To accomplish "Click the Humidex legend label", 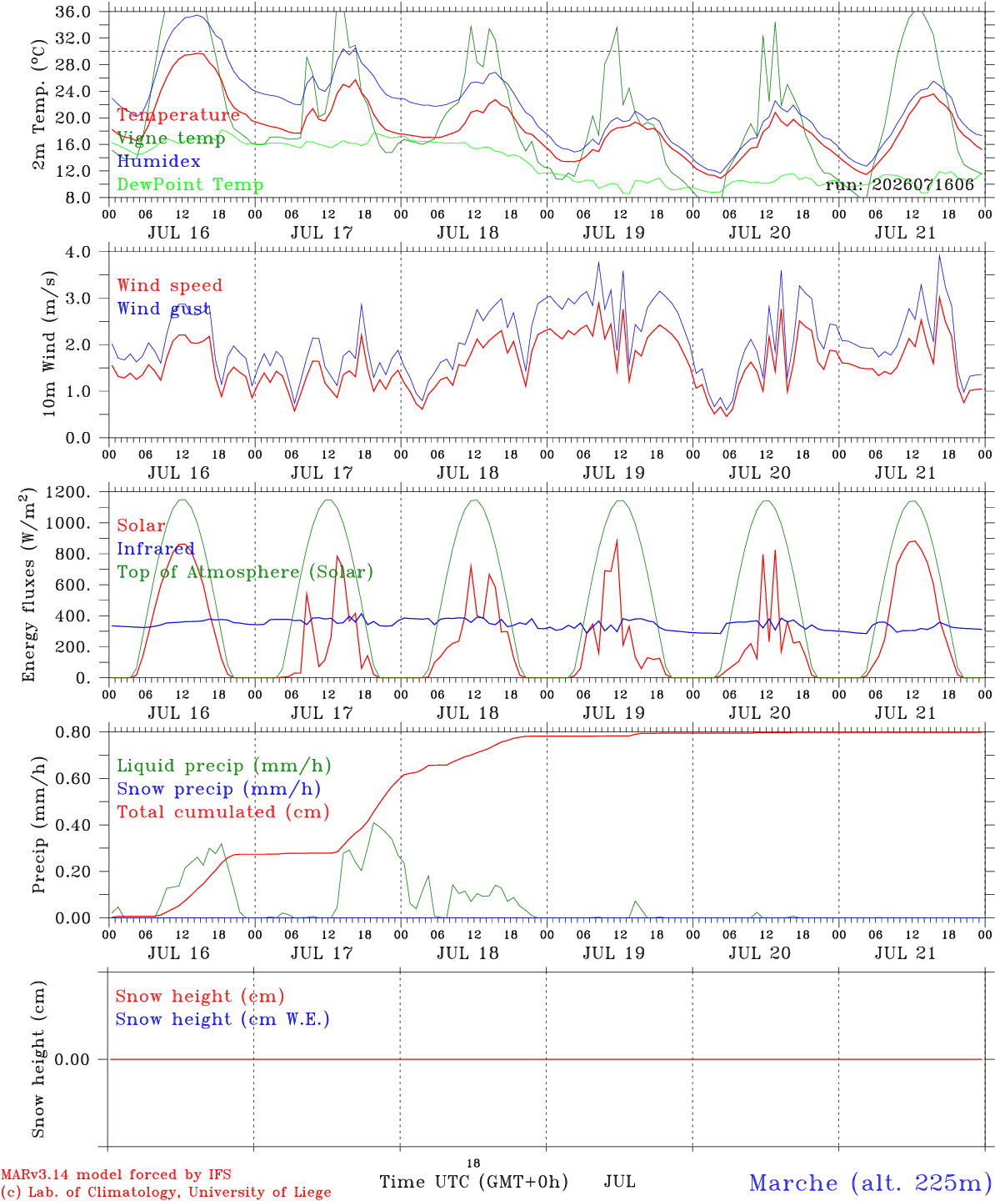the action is [x=158, y=161].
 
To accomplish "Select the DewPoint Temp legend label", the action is [x=190, y=184].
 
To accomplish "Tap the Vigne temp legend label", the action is [x=171, y=138].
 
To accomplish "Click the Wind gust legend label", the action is [x=164, y=309].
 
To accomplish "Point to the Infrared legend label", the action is [x=156, y=549].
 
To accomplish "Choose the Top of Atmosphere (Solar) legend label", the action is [x=246, y=572].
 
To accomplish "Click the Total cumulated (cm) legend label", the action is [x=223, y=812].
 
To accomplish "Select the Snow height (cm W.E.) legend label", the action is [x=222, y=1019].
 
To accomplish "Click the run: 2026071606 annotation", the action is [x=899, y=184].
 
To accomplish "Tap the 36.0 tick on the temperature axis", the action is [x=73, y=12].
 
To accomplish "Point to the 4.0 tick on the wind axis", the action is [x=77, y=252].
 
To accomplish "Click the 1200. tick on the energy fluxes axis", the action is [x=68, y=492].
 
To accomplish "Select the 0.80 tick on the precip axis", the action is [x=73, y=732].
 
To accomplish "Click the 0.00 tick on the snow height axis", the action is [x=72, y=1059].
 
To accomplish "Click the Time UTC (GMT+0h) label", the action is [x=473, y=1182].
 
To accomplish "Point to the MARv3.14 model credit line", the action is [x=116, y=1174].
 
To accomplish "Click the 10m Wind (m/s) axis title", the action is [x=49, y=344].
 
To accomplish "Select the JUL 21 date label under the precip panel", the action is [x=905, y=953].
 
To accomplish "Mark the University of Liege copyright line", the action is [x=166, y=1192].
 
